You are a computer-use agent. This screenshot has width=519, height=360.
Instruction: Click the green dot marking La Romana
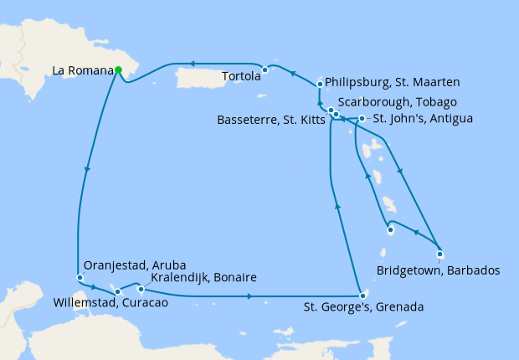[118, 70]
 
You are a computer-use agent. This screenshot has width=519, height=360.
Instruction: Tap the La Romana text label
[82, 71]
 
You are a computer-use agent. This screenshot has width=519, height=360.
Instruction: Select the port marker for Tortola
[265, 69]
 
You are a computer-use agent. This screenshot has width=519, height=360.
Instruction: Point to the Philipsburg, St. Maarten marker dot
[321, 84]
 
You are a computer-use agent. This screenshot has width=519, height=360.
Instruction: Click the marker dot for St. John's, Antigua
[362, 118]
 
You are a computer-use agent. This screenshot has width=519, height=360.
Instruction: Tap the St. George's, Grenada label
[363, 308]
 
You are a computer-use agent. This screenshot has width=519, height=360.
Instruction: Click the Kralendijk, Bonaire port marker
[140, 290]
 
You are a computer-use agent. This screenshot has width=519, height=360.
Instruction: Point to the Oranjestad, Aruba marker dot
[80, 277]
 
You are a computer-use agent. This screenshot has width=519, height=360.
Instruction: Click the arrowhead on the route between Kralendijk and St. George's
[253, 296]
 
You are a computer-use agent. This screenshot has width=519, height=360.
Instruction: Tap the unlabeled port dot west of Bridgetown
[390, 229]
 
